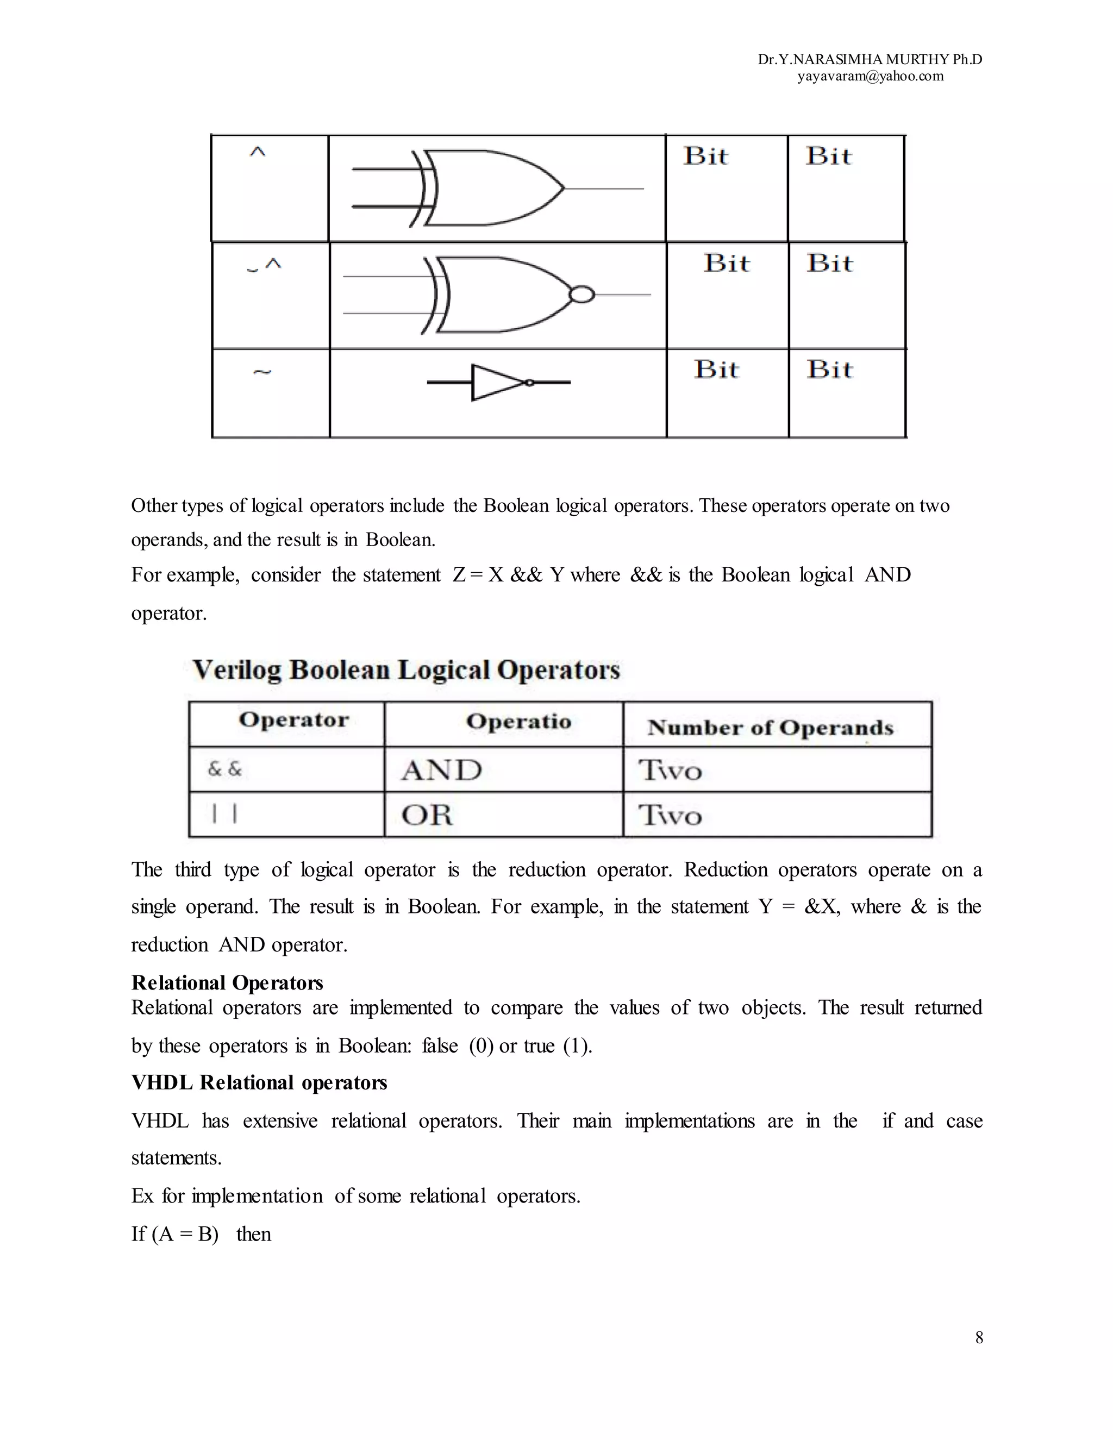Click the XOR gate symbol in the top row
[491, 188]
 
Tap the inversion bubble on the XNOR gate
[581, 295]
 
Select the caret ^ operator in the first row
[257, 153]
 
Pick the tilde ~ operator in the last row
[262, 373]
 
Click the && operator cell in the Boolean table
[225, 769]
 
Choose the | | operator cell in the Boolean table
[224, 815]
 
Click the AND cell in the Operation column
[442, 770]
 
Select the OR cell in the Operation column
[427, 816]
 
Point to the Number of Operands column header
[770, 727]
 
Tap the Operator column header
[293, 720]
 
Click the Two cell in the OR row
[670, 816]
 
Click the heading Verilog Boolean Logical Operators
[406, 670]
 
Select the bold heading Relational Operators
[227, 983]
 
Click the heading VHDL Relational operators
[259, 1082]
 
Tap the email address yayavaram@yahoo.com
[871, 77]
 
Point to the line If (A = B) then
[201, 1234]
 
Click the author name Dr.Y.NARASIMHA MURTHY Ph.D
[870, 59]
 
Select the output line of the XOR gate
[603, 189]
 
